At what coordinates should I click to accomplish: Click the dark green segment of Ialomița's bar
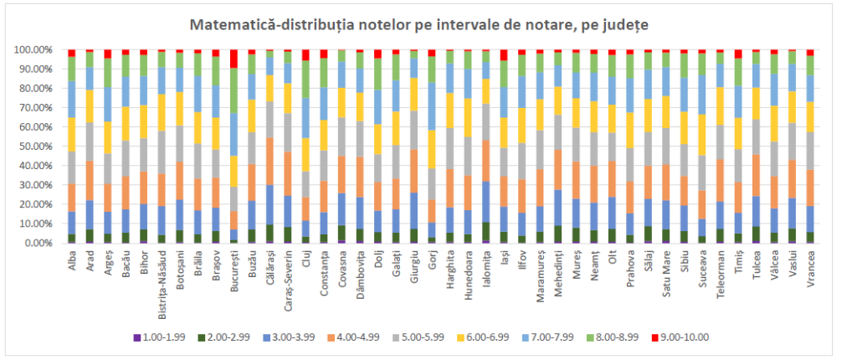(x=485, y=232)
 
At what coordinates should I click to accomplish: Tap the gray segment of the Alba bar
(x=72, y=167)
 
